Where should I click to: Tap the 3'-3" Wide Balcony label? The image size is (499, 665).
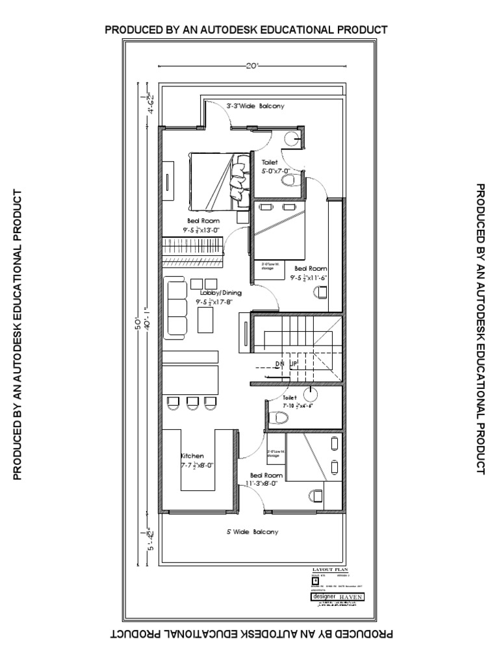[255, 105]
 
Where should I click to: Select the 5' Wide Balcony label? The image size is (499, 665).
[252, 532]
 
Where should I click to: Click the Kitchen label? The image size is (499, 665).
[192, 456]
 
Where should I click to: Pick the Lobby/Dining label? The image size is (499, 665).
[220, 293]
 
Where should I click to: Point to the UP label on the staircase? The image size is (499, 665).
[293, 363]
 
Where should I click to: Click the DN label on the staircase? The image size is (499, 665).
[280, 363]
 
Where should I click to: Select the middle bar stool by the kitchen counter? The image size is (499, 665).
[192, 403]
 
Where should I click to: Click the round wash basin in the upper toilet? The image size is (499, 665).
[294, 138]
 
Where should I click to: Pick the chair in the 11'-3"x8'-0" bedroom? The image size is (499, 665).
[317, 496]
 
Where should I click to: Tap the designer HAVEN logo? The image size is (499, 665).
[338, 596]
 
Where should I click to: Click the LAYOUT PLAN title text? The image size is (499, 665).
[331, 569]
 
